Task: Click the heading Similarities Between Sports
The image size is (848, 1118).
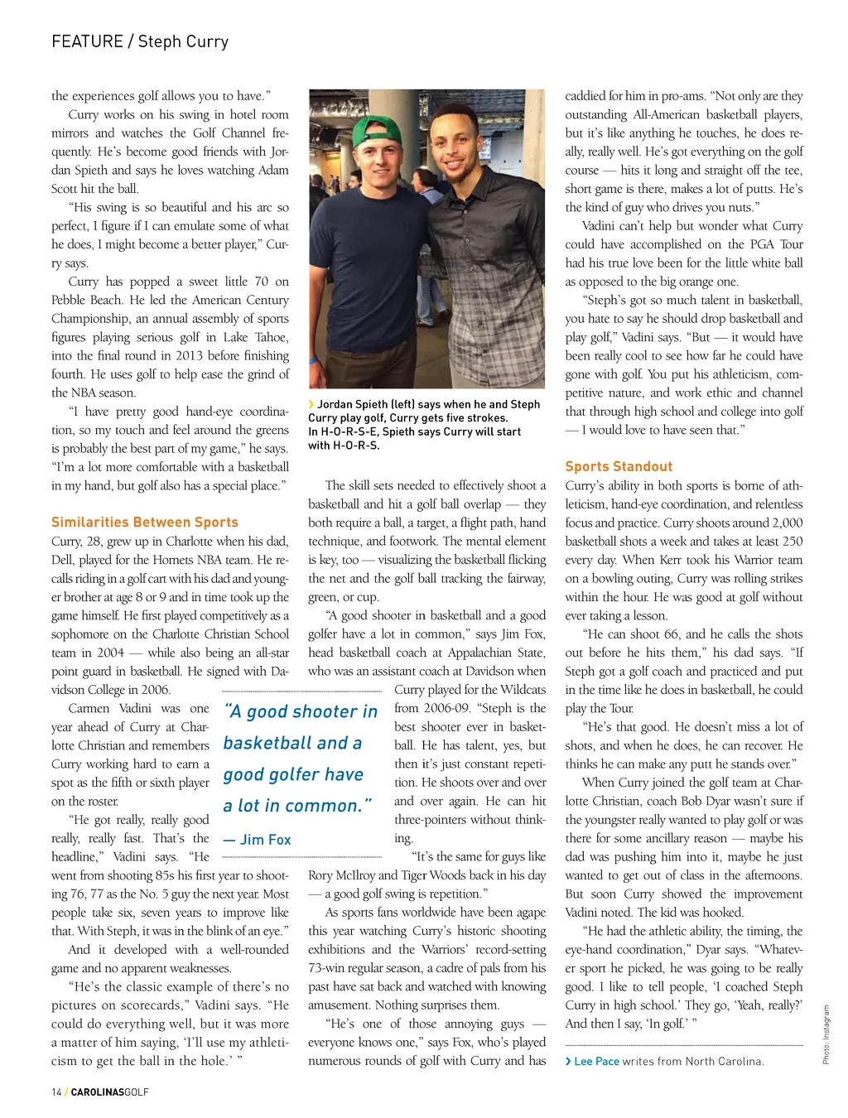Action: (145, 523)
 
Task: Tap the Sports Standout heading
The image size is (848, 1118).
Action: (619, 467)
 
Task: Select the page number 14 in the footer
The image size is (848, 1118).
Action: (56, 1092)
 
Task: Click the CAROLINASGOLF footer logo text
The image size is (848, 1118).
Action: (110, 1092)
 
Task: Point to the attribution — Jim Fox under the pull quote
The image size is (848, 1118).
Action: (258, 840)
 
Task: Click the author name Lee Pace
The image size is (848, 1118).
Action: (596, 1062)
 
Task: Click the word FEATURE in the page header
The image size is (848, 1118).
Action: (86, 41)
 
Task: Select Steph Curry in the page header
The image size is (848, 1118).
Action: (183, 41)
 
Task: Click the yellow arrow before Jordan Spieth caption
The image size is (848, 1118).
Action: (311, 404)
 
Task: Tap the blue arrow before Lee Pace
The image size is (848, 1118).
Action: (568, 1062)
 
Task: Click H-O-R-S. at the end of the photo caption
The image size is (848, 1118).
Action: (356, 446)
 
